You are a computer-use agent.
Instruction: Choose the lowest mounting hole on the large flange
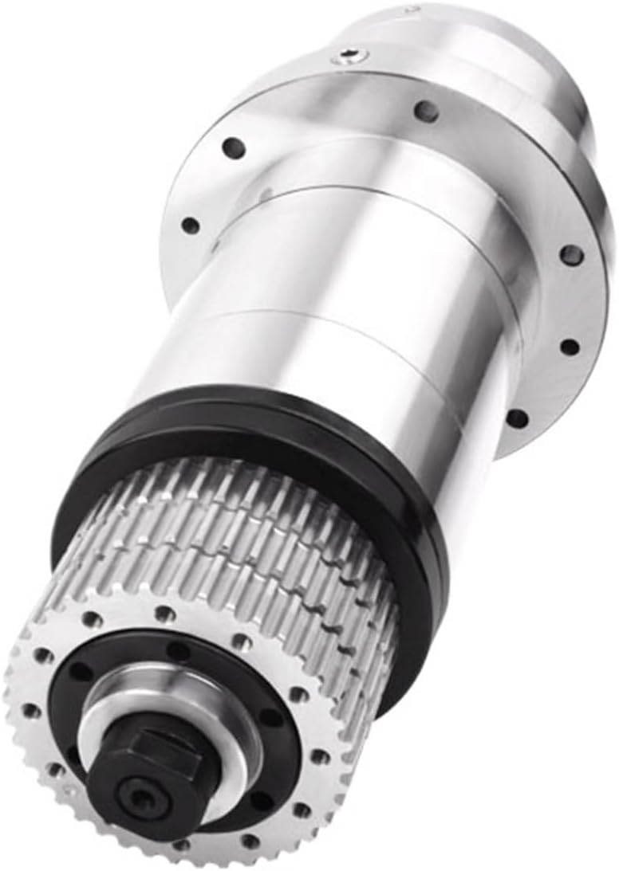pyautogui.click(x=517, y=418)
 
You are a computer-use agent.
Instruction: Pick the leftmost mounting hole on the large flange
pyautogui.click(x=190, y=226)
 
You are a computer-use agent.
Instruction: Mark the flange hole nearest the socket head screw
pyautogui.click(x=427, y=111)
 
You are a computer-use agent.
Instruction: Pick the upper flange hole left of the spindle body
pyautogui.click(x=233, y=147)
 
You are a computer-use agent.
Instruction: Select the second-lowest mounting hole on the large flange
pyautogui.click(x=569, y=347)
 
